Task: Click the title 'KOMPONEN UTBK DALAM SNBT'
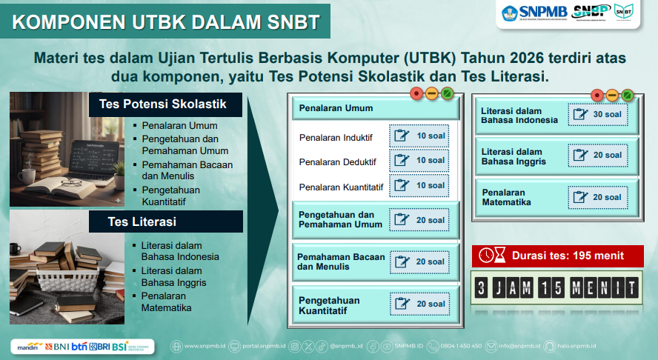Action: tap(160, 21)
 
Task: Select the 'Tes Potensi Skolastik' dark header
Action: tap(163, 104)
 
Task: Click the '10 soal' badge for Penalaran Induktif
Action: tap(419, 136)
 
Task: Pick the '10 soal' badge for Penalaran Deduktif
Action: tap(419, 160)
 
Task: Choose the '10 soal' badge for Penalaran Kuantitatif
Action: tap(419, 185)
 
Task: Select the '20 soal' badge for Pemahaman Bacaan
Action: tap(419, 261)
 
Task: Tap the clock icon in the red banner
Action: tap(486, 256)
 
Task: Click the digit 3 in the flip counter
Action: tap(482, 287)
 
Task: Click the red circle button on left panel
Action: tap(416, 94)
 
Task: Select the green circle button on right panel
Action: tap(627, 95)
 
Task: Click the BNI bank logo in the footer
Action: tap(57, 346)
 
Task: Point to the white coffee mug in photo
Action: tap(27, 175)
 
